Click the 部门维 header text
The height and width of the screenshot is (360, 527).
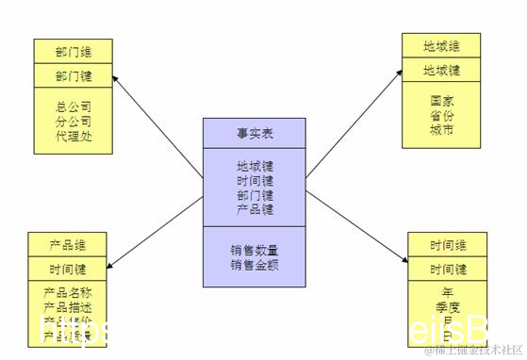coord(74,51)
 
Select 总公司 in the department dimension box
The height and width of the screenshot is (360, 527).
coord(74,106)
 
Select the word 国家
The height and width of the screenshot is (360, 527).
coord(441,100)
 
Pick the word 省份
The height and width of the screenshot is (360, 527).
coord(441,114)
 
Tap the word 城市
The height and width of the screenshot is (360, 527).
coord(441,128)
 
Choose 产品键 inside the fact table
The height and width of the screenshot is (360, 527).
coord(255,208)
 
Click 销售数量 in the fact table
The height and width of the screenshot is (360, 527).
coord(255,251)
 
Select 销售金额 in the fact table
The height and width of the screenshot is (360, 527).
coord(255,265)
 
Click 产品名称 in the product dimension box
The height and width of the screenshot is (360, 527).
coord(68,293)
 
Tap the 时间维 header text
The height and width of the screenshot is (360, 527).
coord(449,245)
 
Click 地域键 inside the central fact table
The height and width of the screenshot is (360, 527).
coord(255,166)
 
